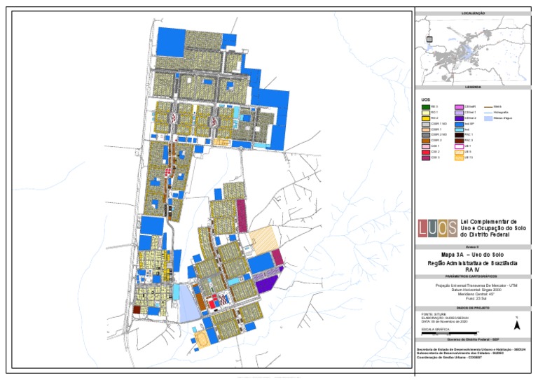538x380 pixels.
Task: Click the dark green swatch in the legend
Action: (x=425, y=106)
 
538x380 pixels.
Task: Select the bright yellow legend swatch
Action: (x=425, y=118)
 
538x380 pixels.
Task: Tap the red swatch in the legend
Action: (x=425, y=151)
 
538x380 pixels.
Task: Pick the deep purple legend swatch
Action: (x=459, y=118)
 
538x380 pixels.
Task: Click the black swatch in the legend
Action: (x=459, y=134)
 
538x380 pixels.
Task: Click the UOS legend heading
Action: (x=426, y=100)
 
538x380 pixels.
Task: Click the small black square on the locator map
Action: (x=429, y=39)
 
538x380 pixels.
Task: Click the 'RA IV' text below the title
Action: (x=473, y=269)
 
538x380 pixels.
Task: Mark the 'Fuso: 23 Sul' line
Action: (x=473, y=299)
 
